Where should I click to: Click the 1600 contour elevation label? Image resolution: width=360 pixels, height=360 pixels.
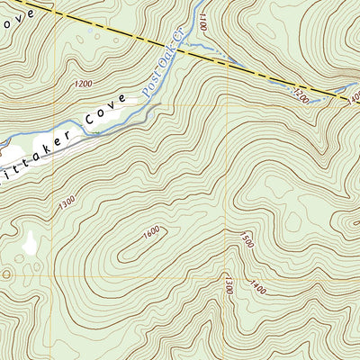pos(150,232)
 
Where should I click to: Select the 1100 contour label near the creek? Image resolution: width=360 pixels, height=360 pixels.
pos(202,22)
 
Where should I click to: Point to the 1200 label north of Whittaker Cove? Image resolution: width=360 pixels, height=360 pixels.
pos(84,84)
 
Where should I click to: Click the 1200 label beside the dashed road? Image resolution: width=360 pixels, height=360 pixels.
pos(301,93)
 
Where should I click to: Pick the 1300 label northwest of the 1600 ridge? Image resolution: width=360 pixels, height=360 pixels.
pos(65,205)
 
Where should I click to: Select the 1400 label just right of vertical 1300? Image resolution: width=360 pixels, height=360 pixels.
pos(258,288)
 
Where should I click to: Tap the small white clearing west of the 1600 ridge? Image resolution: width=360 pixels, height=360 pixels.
pos(30,241)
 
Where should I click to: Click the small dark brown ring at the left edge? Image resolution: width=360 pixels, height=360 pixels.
pos(4,273)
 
